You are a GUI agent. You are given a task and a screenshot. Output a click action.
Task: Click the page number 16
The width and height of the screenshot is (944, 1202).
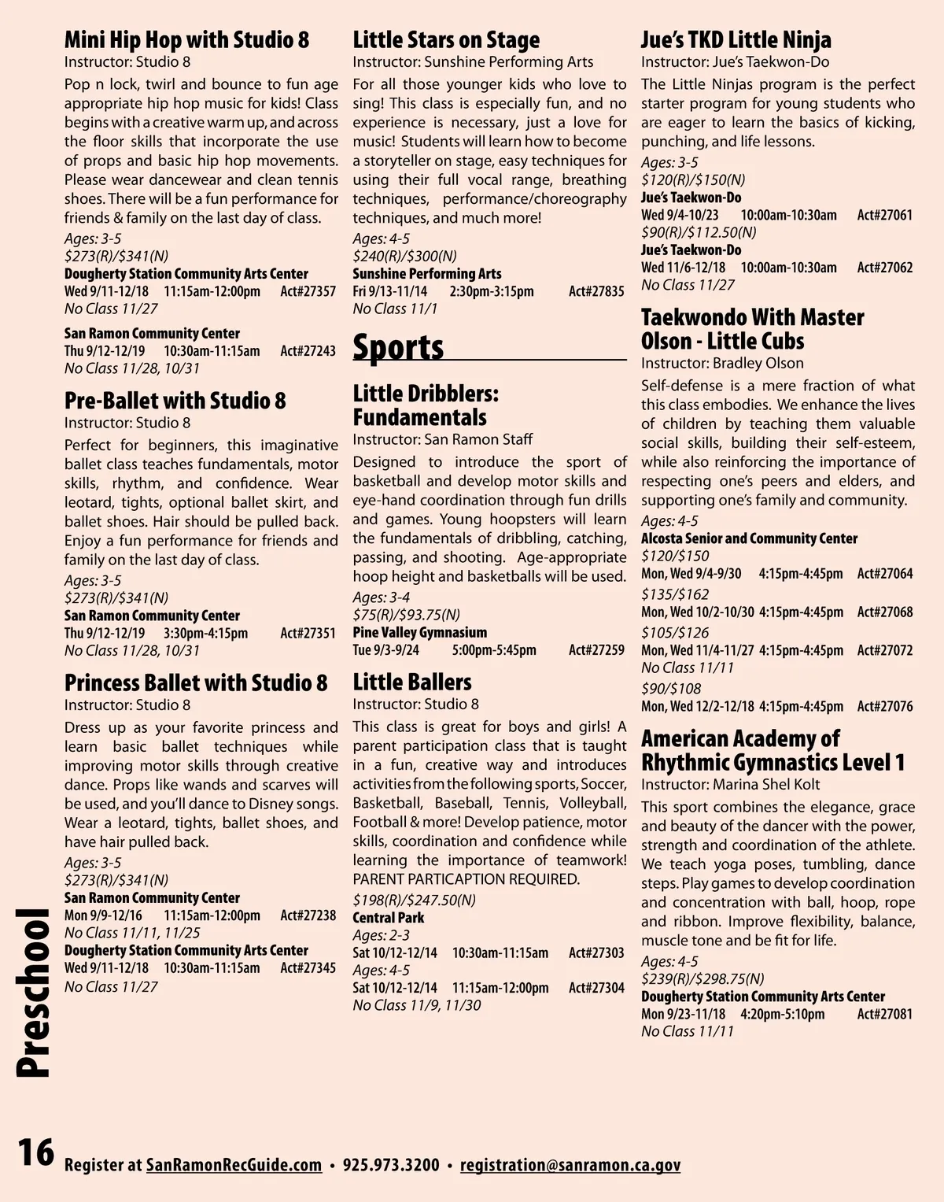click(x=36, y=1152)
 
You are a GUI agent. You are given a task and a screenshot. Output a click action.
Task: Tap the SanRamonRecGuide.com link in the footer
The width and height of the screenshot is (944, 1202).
click(x=234, y=1165)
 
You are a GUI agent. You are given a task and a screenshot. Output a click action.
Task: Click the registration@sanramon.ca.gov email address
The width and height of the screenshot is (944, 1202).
click(x=570, y=1165)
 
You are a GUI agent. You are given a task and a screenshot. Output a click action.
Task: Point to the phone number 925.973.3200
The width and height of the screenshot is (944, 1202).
click(x=391, y=1165)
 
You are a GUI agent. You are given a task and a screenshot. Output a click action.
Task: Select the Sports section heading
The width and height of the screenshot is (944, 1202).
click(x=398, y=347)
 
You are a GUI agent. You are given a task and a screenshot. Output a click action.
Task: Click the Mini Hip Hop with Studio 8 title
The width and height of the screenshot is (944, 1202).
click(x=186, y=39)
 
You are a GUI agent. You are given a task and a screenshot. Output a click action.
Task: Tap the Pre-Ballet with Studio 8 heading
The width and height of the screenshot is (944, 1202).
click(x=175, y=401)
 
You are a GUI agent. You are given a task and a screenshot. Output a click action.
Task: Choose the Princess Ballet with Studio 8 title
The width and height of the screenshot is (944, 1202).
click(x=196, y=682)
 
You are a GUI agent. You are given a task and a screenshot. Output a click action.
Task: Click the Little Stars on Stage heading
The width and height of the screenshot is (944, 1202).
click(x=446, y=39)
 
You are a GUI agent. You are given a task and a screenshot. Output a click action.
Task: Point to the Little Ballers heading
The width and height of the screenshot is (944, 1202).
click(x=412, y=682)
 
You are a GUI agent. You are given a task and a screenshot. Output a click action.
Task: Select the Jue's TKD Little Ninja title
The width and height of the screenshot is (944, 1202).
click(x=736, y=39)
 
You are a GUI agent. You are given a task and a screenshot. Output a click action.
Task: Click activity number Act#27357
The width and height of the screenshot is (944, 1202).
click(x=308, y=291)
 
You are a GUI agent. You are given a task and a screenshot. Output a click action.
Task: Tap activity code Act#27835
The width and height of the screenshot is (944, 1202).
click(x=596, y=291)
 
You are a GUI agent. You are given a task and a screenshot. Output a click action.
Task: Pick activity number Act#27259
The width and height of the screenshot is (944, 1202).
click(x=596, y=650)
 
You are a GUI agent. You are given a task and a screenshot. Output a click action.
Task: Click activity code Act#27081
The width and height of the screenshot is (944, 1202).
click(x=885, y=1014)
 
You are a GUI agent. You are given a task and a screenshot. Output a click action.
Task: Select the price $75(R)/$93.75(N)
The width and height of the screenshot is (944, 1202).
click(x=406, y=615)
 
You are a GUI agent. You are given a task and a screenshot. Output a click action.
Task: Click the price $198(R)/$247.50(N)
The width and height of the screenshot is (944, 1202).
click(x=414, y=900)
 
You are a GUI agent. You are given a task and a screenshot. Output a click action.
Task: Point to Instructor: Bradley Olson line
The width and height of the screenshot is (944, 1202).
click(x=722, y=363)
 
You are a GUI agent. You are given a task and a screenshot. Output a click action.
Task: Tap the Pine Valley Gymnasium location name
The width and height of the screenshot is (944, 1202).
click(x=419, y=632)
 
